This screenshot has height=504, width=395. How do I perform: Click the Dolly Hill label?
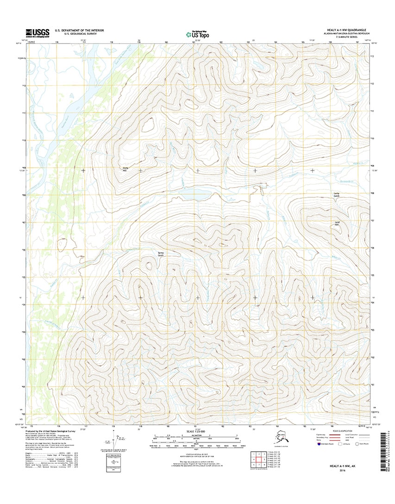pyautogui.click(x=125, y=169)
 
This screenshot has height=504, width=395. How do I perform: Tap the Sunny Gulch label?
pyautogui.click(x=161, y=254)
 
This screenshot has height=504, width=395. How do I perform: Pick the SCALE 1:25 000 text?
pyautogui.click(x=198, y=432)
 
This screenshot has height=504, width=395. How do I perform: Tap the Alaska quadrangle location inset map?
pyautogui.click(x=282, y=438)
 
